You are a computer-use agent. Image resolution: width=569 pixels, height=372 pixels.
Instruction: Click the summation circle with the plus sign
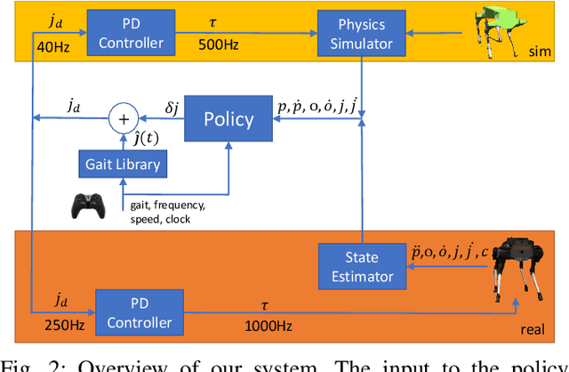(124, 117)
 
